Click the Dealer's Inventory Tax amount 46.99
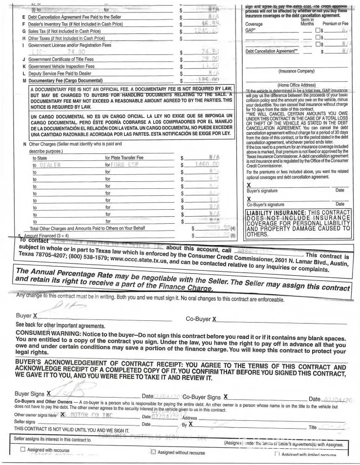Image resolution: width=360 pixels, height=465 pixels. tap(209, 23)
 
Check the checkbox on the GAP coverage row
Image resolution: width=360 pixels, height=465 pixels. tap(318, 30)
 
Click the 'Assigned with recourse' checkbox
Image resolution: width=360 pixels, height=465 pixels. tap(23, 450)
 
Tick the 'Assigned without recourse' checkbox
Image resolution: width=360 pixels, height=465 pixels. tap(153, 452)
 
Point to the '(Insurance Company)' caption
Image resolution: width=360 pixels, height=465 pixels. tap(296, 72)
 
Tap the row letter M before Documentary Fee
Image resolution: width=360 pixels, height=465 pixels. tap(24, 80)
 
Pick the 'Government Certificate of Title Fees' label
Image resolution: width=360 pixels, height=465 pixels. tap(61, 60)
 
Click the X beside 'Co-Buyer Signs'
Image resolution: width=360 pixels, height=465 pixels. tap(225, 397)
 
